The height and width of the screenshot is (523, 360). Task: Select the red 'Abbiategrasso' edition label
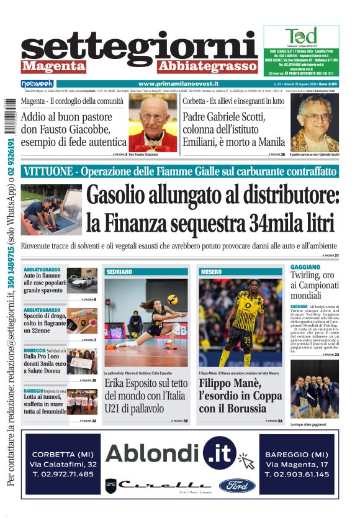point(207,66)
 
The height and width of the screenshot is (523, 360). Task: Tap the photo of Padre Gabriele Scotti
point(317,123)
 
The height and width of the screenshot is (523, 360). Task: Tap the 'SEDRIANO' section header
point(119,271)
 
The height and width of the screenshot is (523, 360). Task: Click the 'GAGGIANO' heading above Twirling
point(305,267)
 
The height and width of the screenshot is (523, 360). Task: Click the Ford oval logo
point(236,486)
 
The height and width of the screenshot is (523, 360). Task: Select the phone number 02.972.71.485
point(63,474)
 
